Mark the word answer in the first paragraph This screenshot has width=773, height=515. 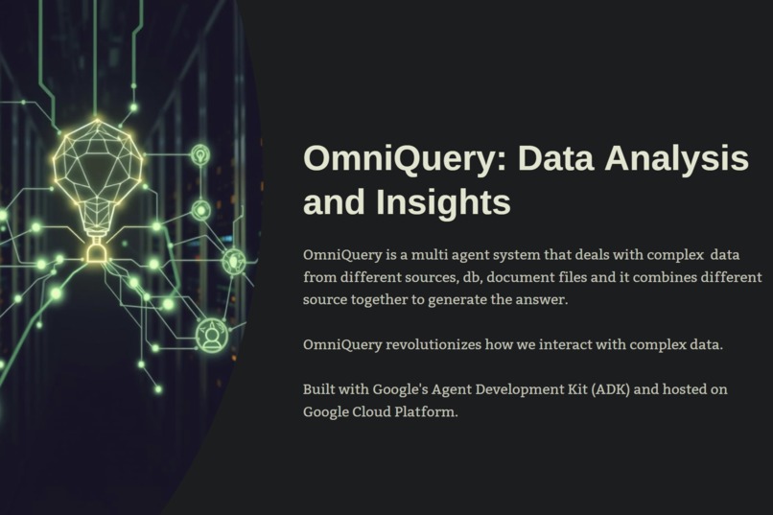pyautogui.click(x=545, y=300)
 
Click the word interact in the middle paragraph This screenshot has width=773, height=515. pyautogui.click(x=558, y=343)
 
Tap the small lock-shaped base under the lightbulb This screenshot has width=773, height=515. pyautogui.click(x=96, y=252)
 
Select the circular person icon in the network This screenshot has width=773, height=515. pyautogui.click(x=212, y=335)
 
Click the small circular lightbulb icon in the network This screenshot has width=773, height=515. pyautogui.click(x=200, y=154)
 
